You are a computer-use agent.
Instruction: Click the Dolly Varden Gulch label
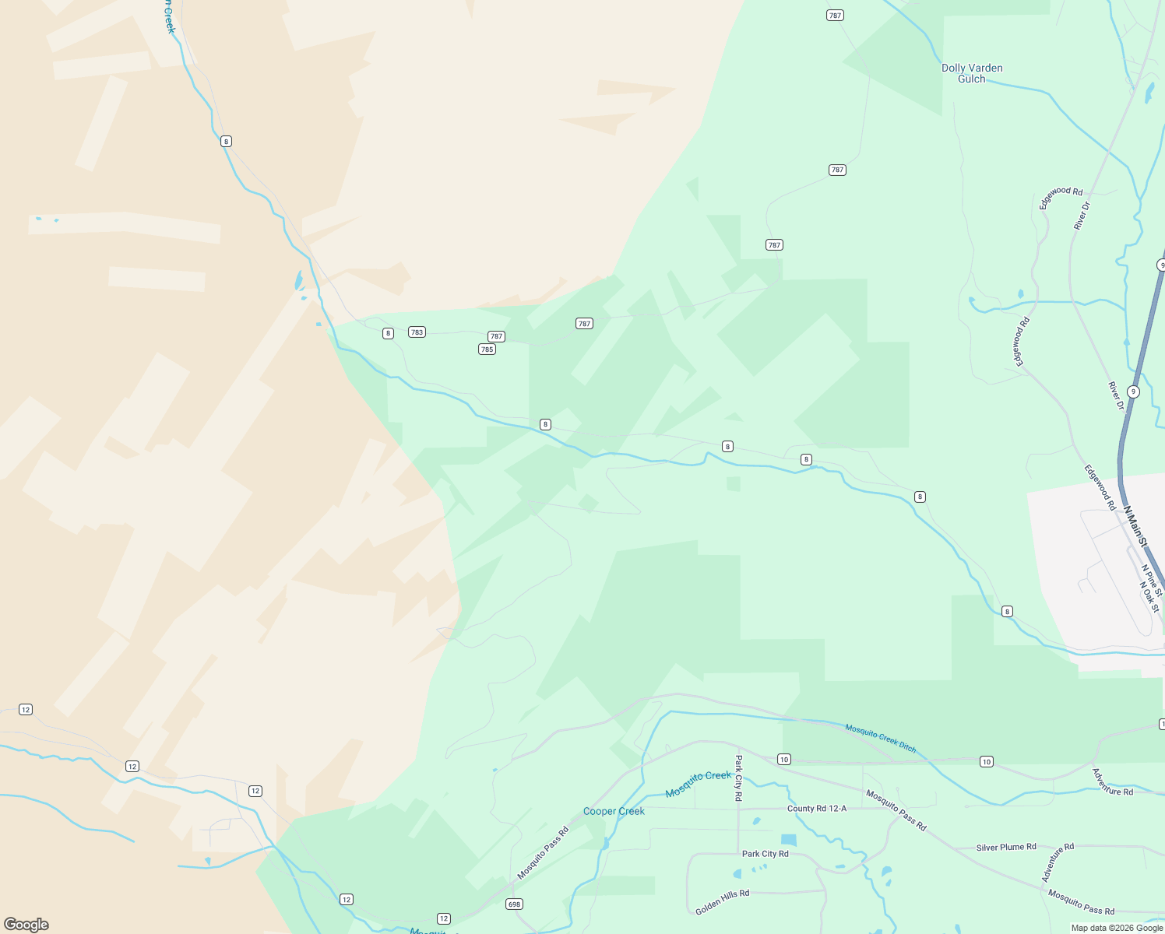pos(972,73)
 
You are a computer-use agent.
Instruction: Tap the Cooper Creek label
pos(614,811)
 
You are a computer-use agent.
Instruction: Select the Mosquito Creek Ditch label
pos(881,736)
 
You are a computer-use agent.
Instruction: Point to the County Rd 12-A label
pos(816,809)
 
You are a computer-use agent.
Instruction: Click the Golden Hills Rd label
pos(722,902)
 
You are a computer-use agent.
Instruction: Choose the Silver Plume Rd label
pos(1006,847)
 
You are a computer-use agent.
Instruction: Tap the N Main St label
pos(1135,526)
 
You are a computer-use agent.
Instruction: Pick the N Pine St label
pos(1153,581)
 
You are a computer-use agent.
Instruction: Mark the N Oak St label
pos(1149,596)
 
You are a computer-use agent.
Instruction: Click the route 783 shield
pos(417,332)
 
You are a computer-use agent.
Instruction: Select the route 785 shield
pos(487,349)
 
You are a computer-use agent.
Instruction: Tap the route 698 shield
pos(514,904)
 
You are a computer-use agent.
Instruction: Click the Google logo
pos(26,925)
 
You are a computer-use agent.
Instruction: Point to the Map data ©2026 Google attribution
pos(1117,928)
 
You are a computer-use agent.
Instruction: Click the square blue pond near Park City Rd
pos(789,841)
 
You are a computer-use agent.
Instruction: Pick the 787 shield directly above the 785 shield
pos(496,336)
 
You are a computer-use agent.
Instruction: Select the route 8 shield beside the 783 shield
pos(388,333)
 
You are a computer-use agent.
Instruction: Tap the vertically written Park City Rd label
pos(738,778)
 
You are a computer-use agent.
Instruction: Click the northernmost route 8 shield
pos(226,141)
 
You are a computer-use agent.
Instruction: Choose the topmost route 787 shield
pos(835,16)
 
